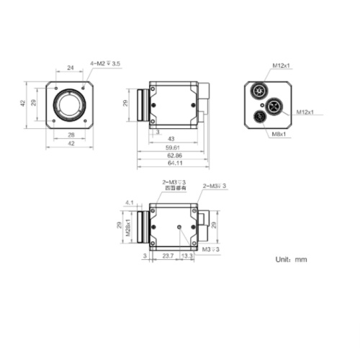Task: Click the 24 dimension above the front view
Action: pyautogui.click(x=71, y=68)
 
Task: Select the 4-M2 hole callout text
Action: pyautogui.click(x=105, y=64)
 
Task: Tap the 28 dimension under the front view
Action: pyautogui.click(x=71, y=135)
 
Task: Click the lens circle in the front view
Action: pyautogui.click(x=71, y=104)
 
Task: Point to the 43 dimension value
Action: pyautogui.click(x=171, y=138)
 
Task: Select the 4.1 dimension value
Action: pyautogui.click(x=130, y=203)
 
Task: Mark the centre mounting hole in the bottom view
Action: pyautogui.click(x=179, y=227)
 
